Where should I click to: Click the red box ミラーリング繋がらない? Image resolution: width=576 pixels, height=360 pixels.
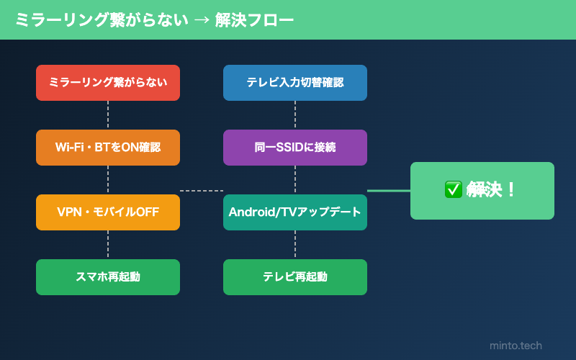click(x=108, y=83)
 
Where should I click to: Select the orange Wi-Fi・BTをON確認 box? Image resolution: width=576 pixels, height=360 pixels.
click(x=108, y=148)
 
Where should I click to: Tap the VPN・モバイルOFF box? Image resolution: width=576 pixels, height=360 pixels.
click(x=108, y=212)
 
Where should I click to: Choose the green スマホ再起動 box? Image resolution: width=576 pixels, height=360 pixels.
click(x=108, y=277)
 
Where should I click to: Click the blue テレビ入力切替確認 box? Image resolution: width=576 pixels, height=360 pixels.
click(x=295, y=83)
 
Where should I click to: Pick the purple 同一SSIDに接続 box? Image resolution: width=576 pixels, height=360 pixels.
click(x=295, y=148)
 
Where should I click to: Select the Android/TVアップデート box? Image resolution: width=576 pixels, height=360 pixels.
click(x=295, y=212)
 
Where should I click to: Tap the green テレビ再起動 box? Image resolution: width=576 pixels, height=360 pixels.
click(x=295, y=277)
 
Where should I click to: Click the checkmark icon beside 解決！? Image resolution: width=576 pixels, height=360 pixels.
click(x=453, y=190)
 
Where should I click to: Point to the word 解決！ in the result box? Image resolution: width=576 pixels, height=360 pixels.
click(x=492, y=190)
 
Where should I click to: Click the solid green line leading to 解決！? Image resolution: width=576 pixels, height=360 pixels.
click(x=389, y=191)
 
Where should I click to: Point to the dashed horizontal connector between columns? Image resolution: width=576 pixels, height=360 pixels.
click(x=202, y=191)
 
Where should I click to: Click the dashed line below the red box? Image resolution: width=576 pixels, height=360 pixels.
click(x=108, y=115)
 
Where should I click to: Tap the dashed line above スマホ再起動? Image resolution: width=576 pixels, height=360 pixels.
click(x=108, y=245)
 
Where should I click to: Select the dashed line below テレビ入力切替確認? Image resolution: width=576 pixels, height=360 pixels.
click(x=295, y=115)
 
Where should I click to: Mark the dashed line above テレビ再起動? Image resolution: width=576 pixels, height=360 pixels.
click(x=295, y=245)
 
